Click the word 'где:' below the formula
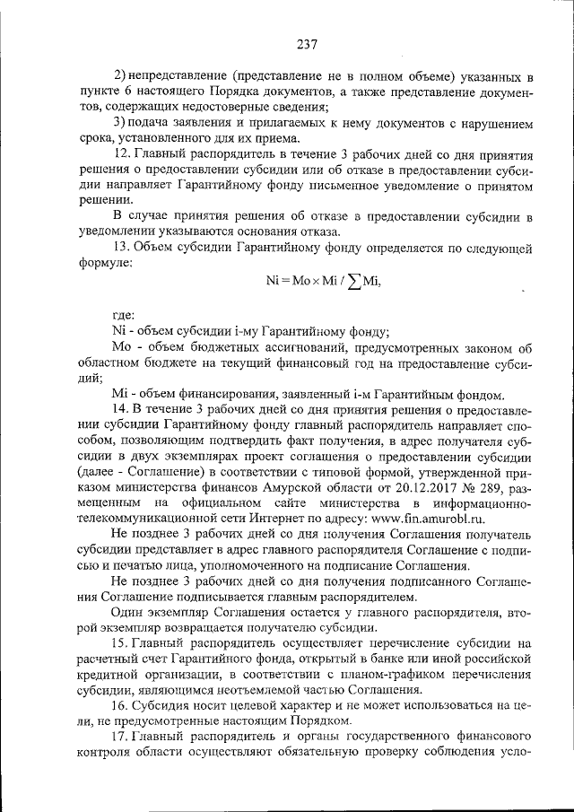click(x=123, y=316)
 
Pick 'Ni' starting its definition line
click(x=120, y=331)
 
